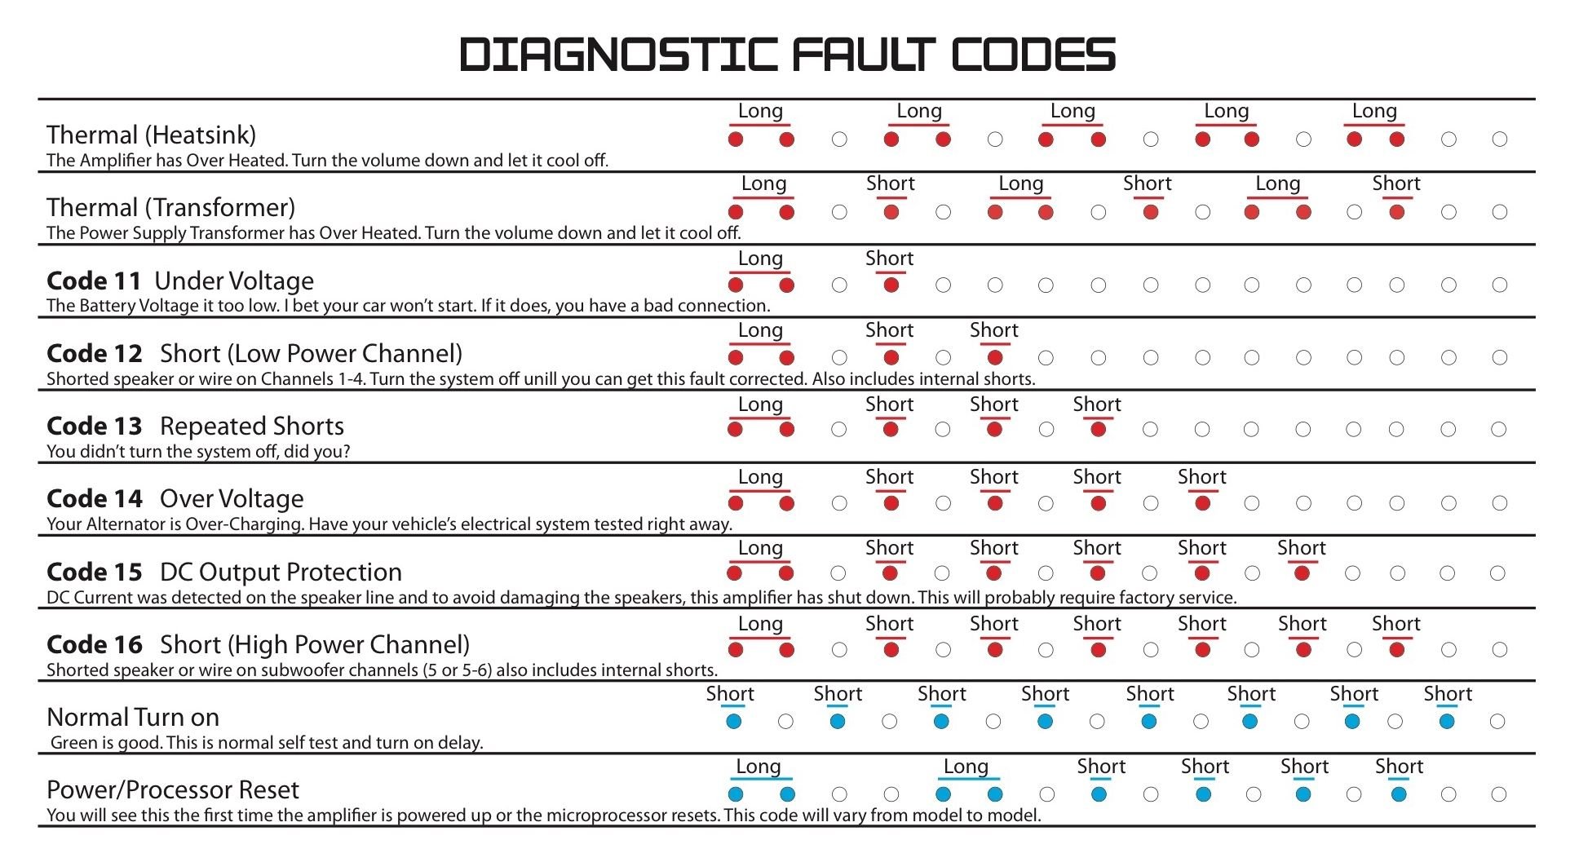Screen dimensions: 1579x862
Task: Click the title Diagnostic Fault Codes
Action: pyautogui.click(x=788, y=55)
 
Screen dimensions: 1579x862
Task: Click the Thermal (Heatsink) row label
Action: pyautogui.click(x=152, y=135)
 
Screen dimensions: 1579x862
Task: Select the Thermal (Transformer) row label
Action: pyautogui.click(x=171, y=207)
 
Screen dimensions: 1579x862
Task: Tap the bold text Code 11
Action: pyautogui.click(x=95, y=281)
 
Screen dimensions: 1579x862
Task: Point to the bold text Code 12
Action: pyautogui.click(x=95, y=353)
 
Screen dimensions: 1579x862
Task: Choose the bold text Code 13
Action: pyautogui.click(x=95, y=426)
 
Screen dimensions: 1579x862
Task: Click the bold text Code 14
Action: pyautogui.click(x=95, y=498)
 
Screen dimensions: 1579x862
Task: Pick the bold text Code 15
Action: pyautogui.click(x=95, y=572)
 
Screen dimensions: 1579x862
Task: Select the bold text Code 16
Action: pyautogui.click(x=95, y=644)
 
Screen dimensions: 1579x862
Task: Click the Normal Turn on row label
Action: pyautogui.click(x=133, y=717)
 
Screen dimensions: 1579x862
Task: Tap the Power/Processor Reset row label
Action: pyautogui.click(x=173, y=789)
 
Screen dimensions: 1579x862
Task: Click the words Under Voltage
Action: pyautogui.click(x=234, y=281)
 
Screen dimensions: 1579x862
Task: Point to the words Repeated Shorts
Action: pyautogui.click(x=252, y=426)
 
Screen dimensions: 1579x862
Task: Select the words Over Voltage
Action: pyautogui.click(x=232, y=498)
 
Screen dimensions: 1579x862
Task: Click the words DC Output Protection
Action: pyautogui.click(x=281, y=572)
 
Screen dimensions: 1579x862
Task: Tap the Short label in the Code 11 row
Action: pyautogui.click(x=889, y=259)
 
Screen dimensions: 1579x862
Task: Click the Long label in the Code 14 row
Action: pyautogui.click(x=760, y=477)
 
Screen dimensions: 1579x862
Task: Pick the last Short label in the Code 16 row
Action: pyautogui.click(x=1395, y=624)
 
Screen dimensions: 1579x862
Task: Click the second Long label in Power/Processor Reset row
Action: pyautogui.click(x=966, y=767)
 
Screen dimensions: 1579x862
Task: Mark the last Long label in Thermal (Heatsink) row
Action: pyautogui.click(x=1374, y=111)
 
